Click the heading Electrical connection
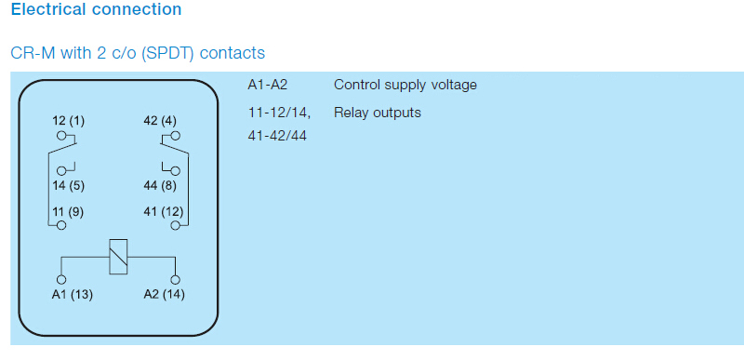point(96,9)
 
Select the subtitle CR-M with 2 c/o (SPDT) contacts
point(138,53)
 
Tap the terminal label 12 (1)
point(68,121)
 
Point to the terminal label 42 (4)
point(160,121)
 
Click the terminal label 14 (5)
point(68,185)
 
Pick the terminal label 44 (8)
point(160,185)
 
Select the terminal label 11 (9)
point(68,211)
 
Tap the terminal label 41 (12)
point(164,211)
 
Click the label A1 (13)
point(73,295)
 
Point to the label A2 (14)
point(165,295)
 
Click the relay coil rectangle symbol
point(118,257)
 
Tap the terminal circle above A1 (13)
point(61,280)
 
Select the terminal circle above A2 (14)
point(176,280)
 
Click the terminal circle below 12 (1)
point(61,136)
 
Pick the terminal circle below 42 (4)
point(176,136)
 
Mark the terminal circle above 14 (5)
point(61,171)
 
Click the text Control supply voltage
point(405,86)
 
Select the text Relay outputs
point(378,113)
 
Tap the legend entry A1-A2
point(268,85)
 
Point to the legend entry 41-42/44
point(277,136)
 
